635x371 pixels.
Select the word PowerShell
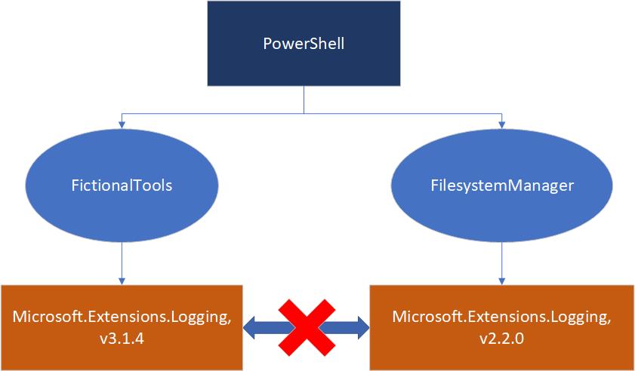pos(304,43)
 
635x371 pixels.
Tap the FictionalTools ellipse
pos(122,185)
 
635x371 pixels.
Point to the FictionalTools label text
pos(122,185)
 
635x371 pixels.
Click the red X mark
pos(306,327)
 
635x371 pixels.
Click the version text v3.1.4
pos(122,339)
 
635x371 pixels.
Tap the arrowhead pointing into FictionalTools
pos(122,121)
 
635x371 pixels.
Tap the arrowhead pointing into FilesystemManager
pos(500,121)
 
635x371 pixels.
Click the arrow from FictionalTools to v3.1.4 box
pos(122,268)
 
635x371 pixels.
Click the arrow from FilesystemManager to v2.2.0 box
pos(500,268)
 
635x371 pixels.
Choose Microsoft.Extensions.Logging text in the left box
pos(122,317)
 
